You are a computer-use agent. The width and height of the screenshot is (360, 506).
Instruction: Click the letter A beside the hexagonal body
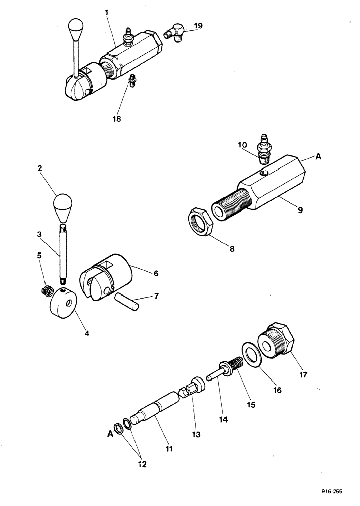click(318, 157)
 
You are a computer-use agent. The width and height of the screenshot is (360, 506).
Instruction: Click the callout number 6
click(156, 273)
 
